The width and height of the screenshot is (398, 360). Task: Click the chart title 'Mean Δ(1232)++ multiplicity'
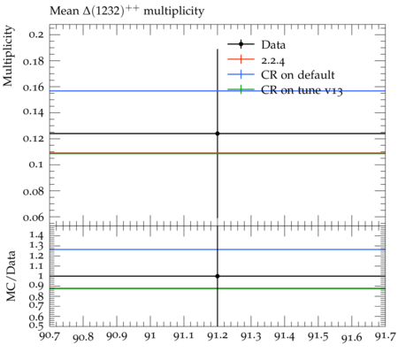pyautogui.click(x=126, y=11)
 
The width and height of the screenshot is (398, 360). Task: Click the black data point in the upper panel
pyautogui.click(x=218, y=134)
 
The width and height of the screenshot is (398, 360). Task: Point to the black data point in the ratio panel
pyautogui.click(x=218, y=276)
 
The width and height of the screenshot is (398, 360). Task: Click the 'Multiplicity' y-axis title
pyautogui.click(x=8, y=56)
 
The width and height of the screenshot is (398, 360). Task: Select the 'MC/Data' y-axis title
pyautogui.click(x=11, y=276)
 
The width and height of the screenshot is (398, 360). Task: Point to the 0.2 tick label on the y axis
pyautogui.click(x=36, y=34)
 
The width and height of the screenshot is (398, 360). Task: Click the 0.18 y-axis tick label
pyautogui.click(x=33, y=61)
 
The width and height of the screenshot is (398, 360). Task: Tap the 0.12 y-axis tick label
pyautogui.click(x=33, y=138)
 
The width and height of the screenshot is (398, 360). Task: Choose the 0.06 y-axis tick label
pyautogui.click(x=33, y=218)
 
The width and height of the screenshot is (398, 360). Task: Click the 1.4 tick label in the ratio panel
pyautogui.click(x=36, y=235)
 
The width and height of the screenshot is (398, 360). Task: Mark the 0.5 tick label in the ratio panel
pyautogui.click(x=36, y=325)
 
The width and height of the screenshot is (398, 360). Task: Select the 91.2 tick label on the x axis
pyautogui.click(x=218, y=336)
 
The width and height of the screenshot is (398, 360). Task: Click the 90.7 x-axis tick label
pyautogui.click(x=50, y=336)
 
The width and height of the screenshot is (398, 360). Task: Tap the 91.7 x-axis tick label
pyautogui.click(x=385, y=336)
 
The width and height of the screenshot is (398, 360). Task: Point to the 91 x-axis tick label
pyautogui.click(x=150, y=336)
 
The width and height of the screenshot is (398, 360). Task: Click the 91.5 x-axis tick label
pyautogui.click(x=318, y=336)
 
